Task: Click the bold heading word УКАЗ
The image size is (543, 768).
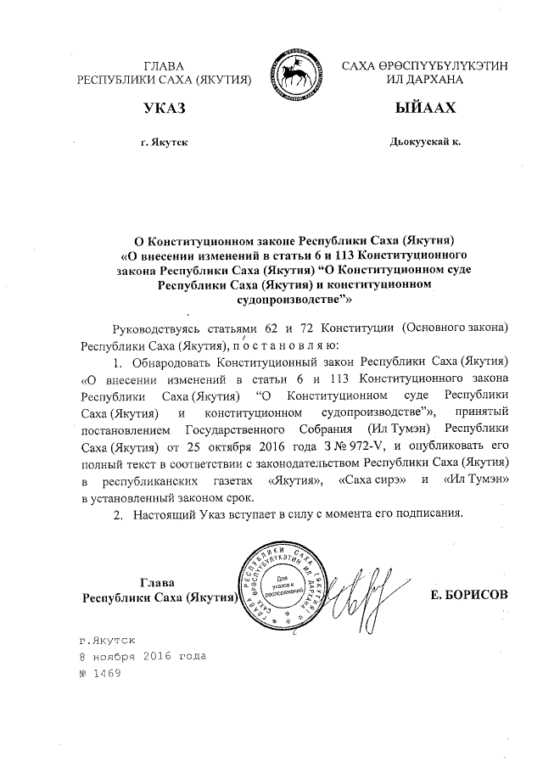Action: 164,110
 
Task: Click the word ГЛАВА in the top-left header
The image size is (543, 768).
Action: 165,65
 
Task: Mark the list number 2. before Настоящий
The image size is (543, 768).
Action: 119,514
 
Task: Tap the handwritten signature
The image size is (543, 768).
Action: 361,594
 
